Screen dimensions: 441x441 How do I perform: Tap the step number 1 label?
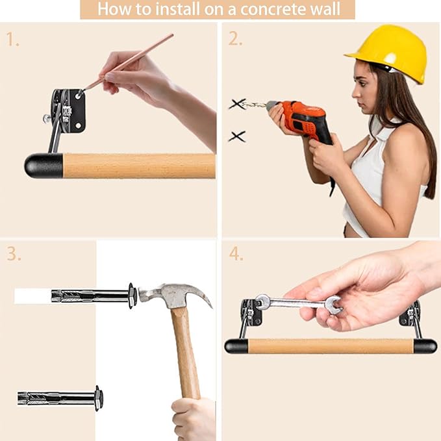(12, 40)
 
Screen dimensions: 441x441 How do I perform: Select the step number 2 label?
(235, 39)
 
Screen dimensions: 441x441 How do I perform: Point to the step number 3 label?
(14, 254)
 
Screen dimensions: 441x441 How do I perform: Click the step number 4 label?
(236, 254)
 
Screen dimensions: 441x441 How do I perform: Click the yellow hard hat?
(390, 52)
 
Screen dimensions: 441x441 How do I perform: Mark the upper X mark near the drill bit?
(237, 104)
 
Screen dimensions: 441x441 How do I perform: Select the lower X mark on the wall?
(237, 136)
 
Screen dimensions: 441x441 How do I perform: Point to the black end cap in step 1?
(44, 166)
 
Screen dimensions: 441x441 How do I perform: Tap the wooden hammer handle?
(184, 351)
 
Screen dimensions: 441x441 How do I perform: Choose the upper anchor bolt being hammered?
(94, 296)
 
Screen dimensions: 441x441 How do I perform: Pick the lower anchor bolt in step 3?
(60, 398)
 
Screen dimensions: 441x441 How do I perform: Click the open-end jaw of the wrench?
(334, 305)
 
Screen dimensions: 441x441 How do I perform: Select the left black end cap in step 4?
(236, 346)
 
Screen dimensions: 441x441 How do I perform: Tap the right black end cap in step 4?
(425, 346)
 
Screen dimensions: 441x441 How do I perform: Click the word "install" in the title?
(178, 9)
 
